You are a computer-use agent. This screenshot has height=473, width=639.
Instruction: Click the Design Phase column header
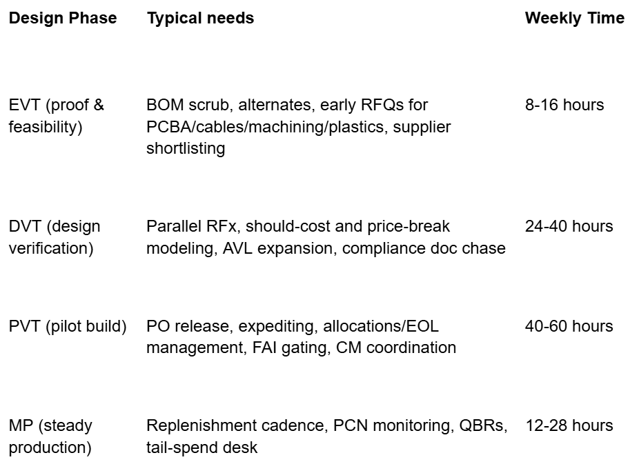(62, 19)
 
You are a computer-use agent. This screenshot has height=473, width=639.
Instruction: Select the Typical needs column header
(200, 19)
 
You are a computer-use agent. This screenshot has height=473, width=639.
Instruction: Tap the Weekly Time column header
(574, 19)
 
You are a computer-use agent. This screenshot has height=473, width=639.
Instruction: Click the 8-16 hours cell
(564, 105)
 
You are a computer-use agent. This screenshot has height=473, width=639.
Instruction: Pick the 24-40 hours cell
(569, 226)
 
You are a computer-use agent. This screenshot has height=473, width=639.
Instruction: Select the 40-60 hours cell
(569, 326)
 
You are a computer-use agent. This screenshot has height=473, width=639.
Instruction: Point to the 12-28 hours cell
(569, 425)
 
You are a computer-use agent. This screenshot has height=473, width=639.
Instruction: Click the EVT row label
(56, 116)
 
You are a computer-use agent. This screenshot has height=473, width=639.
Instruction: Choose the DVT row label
(54, 237)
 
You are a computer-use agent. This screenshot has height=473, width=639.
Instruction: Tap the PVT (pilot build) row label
(68, 326)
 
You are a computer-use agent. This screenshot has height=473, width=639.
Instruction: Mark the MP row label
(50, 436)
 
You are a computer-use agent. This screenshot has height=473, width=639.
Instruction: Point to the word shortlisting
(186, 149)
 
